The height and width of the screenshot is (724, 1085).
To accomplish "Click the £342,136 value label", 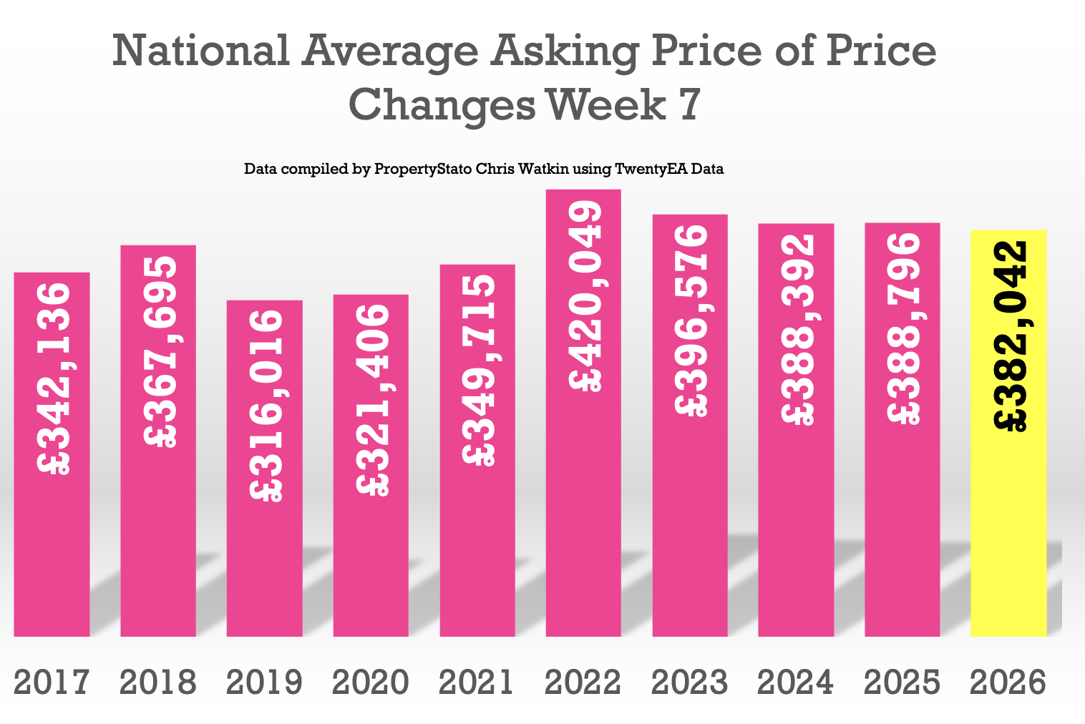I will pos(54,379).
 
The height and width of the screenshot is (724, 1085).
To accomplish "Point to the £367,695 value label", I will pos(160,352).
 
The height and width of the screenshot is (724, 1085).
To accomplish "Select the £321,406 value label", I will pos(372,400).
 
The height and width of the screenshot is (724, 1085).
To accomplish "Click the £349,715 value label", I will pos(478,371).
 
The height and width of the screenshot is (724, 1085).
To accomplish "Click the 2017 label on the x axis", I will pos(52,683).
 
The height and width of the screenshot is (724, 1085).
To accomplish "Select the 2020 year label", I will pos(371,683).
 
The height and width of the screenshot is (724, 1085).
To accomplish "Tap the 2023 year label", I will pos(690,683).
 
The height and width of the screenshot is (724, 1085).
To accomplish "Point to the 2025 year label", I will pos(902,683).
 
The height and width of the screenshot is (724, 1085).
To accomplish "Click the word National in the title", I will pos(201,52).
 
